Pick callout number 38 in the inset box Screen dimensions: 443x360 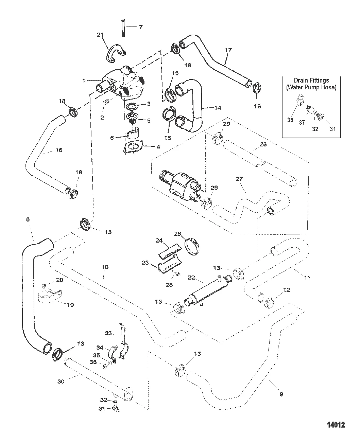(290, 120)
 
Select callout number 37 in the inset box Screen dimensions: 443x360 (302, 123)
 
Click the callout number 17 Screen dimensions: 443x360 (228, 50)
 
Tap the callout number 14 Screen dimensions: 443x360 (218, 108)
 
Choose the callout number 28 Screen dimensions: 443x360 (263, 144)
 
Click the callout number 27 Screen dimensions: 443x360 (239, 179)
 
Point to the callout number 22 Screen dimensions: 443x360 (191, 278)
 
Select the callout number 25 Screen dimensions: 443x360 (178, 234)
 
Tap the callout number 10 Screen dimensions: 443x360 (105, 267)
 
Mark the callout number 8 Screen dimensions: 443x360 (28, 219)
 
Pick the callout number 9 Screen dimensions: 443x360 (281, 394)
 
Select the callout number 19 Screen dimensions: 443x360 (70, 305)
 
